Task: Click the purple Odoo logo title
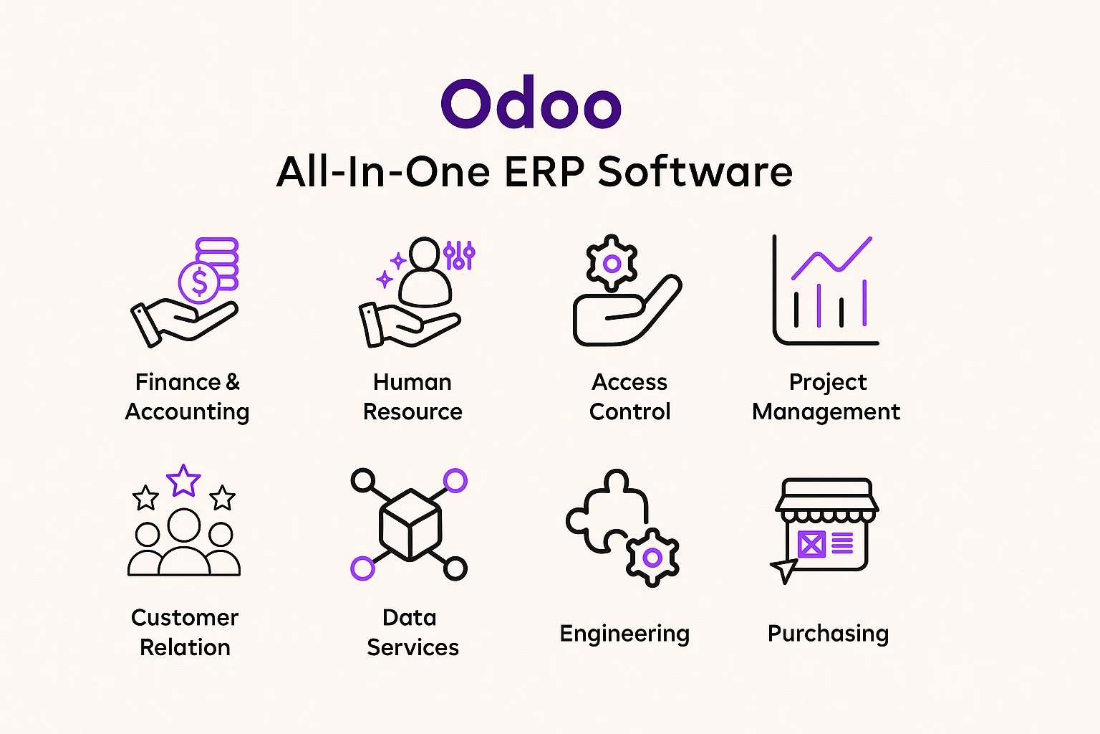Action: [x=531, y=105]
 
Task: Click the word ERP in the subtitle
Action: [x=546, y=172]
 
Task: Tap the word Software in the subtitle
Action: [x=695, y=172]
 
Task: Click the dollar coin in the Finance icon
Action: [x=199, y=282]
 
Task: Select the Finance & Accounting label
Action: [x=187, y=396]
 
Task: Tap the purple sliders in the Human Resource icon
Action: [x=459, y=254]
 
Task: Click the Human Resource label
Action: [x=412, y=396]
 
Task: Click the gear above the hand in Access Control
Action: [x=612, y=263]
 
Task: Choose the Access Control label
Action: [x=629, y=396]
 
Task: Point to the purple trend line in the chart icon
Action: [x=831, y=259]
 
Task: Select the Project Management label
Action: [x=826, y=396]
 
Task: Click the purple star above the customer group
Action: [x=183, y=480]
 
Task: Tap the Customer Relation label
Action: [x=185, y=632]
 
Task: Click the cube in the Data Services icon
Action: [x=410, y=525]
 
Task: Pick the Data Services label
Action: [x=412, y=632]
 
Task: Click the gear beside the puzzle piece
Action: [x=652, y=558]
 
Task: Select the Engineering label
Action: [x=624, y=634]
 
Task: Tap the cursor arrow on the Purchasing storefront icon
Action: [x=784, y=569]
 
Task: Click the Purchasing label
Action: [x=828, y=634]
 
